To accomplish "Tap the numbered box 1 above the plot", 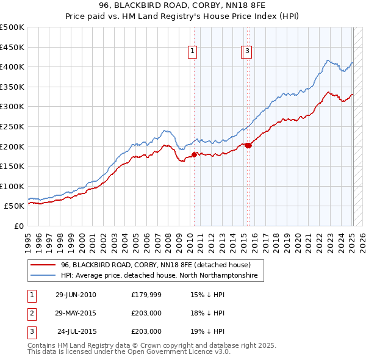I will (x=192, y=52).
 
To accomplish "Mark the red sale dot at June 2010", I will (x=195, y=154).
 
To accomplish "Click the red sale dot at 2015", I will (x=248, y=145).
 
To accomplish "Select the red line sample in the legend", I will (x=43, y=265).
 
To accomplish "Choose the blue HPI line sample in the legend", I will (x=43, y=276).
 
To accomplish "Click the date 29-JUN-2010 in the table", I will (x=76, y=295).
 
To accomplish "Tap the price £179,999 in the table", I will (x=146, y=295).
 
